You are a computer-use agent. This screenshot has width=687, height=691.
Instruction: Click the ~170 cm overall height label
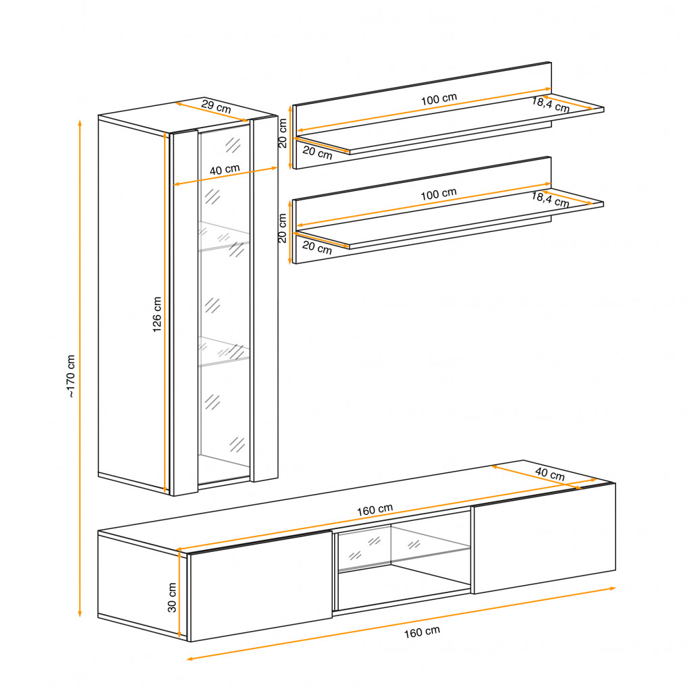point(71,377)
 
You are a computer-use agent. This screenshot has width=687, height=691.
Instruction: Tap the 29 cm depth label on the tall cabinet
point(216,107)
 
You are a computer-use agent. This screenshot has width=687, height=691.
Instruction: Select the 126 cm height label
point(157,314)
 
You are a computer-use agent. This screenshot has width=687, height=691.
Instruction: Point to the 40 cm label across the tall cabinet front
point(225,169)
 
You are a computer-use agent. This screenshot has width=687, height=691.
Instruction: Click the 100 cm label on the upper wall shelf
point(439,99)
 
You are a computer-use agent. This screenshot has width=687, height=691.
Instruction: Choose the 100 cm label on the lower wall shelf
point(439,194)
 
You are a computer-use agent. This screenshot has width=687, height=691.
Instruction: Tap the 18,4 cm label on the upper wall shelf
point(551,105)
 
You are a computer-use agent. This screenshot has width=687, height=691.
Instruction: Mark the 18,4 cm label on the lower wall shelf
point(551,200)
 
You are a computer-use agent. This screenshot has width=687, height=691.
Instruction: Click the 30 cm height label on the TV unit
point(172,598)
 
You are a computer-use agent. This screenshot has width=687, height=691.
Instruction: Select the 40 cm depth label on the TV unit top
point(550,474)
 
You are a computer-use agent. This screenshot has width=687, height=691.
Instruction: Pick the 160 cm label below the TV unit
point(422,632)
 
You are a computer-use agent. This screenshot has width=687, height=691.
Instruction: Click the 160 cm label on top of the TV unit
point(375,510)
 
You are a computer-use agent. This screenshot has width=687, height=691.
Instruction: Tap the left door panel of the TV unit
point(261,586)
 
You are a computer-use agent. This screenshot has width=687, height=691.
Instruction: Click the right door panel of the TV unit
point(544,538)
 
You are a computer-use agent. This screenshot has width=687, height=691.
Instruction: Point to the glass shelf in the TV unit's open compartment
point(404,559)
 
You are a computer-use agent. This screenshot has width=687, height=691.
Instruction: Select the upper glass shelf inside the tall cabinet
point(224,236)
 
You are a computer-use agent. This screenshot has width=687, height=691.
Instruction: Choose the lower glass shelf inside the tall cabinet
point(224,351)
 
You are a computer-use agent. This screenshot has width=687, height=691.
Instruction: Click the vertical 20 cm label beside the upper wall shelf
point(283,133)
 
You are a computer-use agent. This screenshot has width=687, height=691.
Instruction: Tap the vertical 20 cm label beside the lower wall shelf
point(283,228)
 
